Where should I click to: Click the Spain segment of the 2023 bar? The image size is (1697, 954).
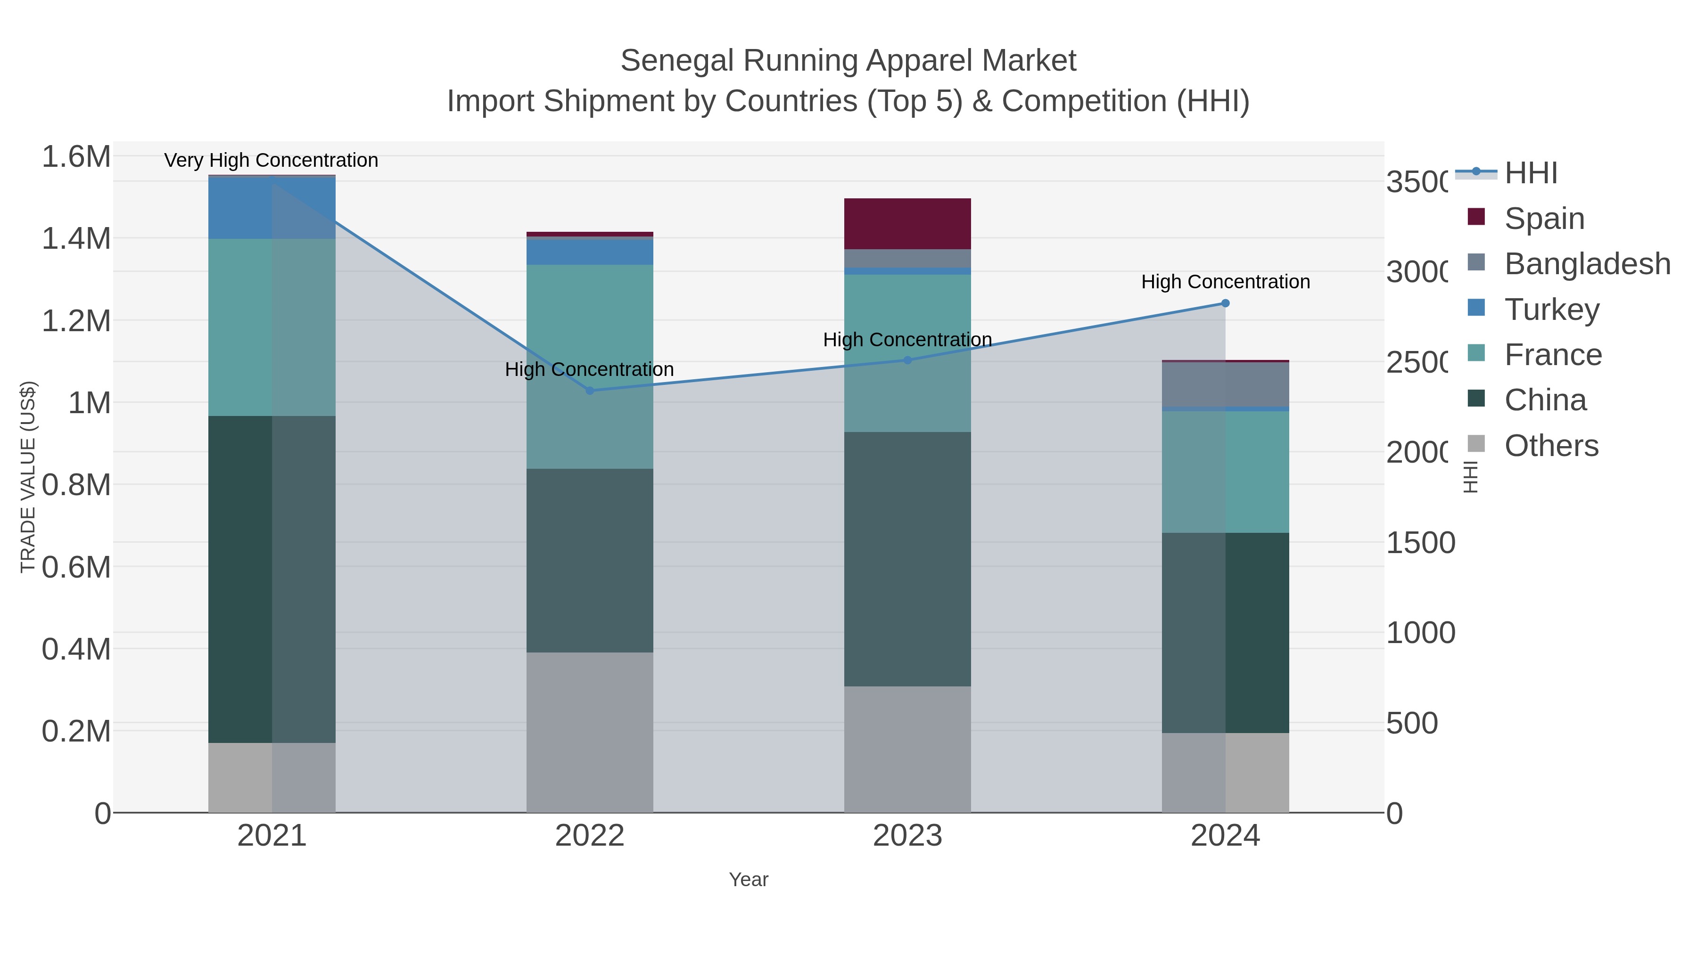point(907,224)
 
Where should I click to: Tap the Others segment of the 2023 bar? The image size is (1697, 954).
point(907,749)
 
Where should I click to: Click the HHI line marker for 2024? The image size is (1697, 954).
point(1225,303)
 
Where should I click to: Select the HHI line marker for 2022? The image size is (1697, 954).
point(590,391)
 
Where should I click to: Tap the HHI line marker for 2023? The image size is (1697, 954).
point(907,360)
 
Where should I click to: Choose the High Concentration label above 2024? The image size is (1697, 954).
point(1225,282)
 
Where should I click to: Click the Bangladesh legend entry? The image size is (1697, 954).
point(1587,264)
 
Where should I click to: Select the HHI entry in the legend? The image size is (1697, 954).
point(1531,173)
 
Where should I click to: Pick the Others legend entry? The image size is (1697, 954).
point(1551,446)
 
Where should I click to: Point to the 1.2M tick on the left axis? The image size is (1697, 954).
point(76,321)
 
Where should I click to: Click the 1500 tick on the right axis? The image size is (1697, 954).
point(1420,543)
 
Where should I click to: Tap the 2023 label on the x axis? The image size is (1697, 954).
point(907,836)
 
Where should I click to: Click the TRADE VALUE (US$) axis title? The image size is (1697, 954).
point(28,477)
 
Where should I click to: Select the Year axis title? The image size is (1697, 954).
point(749,880)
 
